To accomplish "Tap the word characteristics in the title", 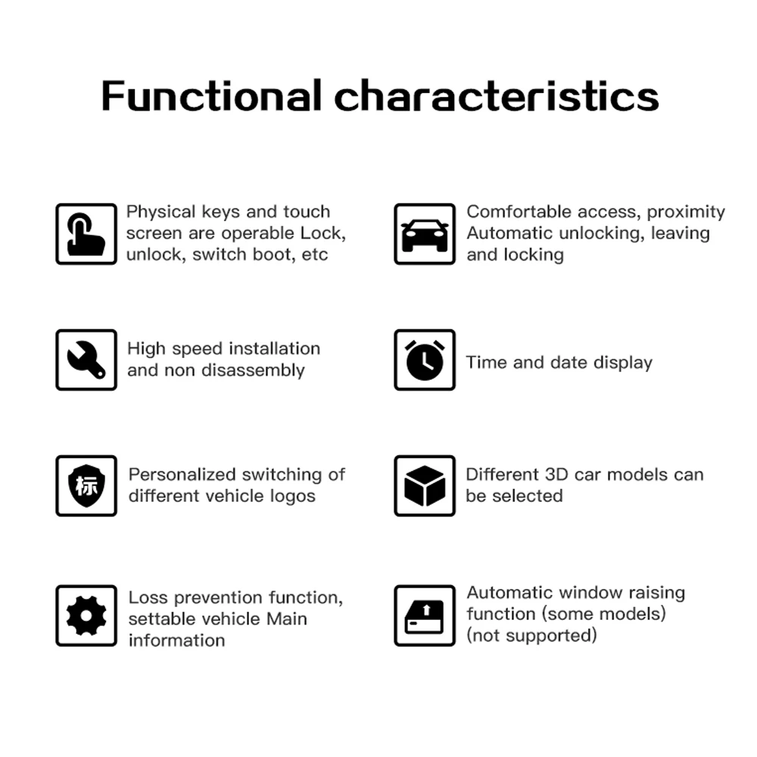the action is (497, 96).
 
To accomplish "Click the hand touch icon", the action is (86, 234).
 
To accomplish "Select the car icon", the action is (425, 234).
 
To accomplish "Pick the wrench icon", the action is (86, 360).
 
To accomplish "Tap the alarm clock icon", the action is (425, 360).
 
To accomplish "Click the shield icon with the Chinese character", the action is (86, 485).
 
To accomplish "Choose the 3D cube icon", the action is (425, 485).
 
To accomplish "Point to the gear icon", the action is (86, 615).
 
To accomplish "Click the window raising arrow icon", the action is (425, 615).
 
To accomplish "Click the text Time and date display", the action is (559, 363).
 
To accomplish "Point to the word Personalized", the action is (182, 475).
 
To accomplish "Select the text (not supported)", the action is (531, 635).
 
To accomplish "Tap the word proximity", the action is (686, 212).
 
